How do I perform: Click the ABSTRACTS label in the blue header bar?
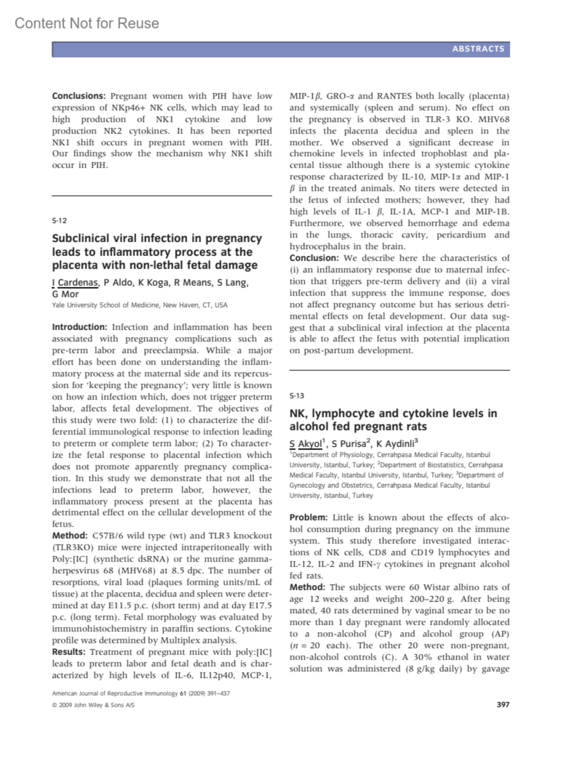point(478,49)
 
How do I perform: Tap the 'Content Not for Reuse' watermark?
point(87,23)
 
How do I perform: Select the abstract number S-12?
point(59,220)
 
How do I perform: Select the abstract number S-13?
point(297,396)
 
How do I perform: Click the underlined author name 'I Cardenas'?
point(75,282)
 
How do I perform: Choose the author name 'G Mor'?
point(65,294)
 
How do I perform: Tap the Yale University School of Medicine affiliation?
point(139,305)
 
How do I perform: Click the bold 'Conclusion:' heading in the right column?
point(314,258)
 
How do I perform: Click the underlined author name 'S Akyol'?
point(306,444)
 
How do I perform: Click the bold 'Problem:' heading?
point(308,517)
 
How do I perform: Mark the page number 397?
point(502,705)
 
